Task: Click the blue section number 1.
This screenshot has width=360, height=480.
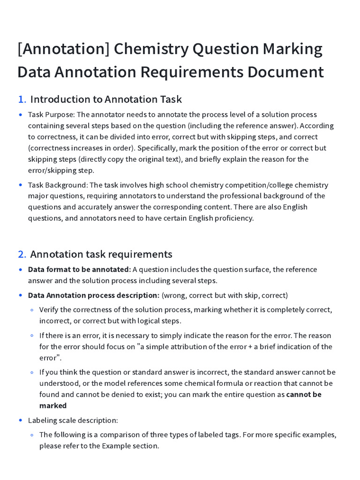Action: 22,99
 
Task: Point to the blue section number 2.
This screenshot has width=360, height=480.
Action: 22,254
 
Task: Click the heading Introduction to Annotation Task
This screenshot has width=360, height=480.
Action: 106,99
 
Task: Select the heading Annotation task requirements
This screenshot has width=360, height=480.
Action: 101,254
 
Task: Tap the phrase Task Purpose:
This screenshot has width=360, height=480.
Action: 51,114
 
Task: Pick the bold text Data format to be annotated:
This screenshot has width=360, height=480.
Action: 79,269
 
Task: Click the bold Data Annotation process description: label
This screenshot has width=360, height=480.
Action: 94,295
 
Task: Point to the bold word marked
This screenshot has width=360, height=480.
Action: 53,405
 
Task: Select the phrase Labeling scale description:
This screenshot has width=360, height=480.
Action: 73,420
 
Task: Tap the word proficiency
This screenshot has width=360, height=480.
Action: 231,218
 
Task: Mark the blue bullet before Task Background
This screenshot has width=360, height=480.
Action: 21,185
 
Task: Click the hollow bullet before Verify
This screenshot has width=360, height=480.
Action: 32,310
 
